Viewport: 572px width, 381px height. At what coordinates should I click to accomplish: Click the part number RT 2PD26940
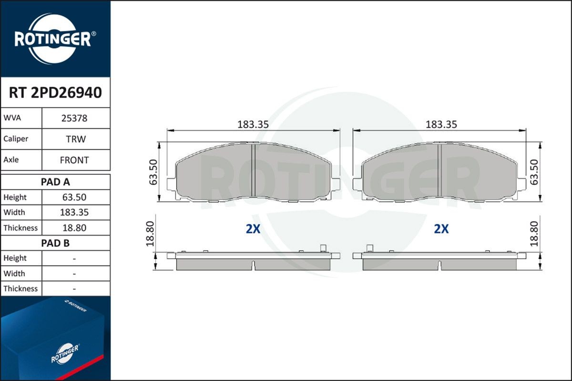tap(55, 93)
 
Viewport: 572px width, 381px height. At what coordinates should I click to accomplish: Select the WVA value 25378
tap(74, 119)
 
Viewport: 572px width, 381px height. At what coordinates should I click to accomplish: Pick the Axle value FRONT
tap(74, 160)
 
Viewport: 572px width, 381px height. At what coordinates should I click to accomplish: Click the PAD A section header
tap(55, 182)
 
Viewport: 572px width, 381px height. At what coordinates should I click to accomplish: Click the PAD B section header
tap(55, 243)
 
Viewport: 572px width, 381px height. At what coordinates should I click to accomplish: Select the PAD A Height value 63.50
tap(74, 197)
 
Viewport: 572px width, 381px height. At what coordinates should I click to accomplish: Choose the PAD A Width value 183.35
tap(74, 212)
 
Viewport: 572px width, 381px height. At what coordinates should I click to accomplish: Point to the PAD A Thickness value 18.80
tap(74, 228)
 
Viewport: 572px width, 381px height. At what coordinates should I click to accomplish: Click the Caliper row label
tap(16, 139)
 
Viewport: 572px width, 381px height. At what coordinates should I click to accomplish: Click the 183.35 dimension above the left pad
tap(253, 124)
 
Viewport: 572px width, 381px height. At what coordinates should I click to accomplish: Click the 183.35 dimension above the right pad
tap(441, 124)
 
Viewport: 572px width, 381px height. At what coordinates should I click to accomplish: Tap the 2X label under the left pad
tap(253, 229)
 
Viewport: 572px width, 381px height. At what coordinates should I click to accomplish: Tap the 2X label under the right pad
tap(441, 229)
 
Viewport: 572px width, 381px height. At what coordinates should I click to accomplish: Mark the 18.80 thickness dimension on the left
tap(150, 233)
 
